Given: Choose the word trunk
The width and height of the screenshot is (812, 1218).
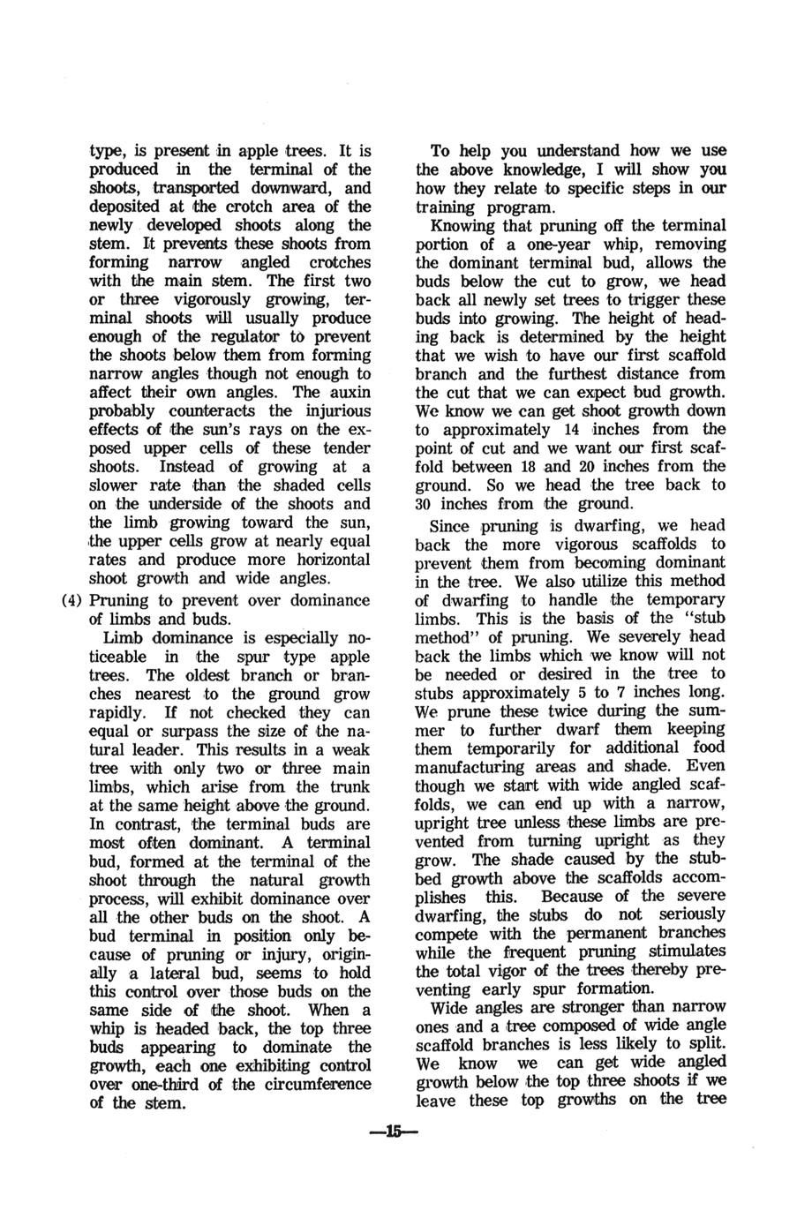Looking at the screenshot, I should tap(350, 786).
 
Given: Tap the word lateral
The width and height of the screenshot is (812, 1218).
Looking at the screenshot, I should tap(183, 973).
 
